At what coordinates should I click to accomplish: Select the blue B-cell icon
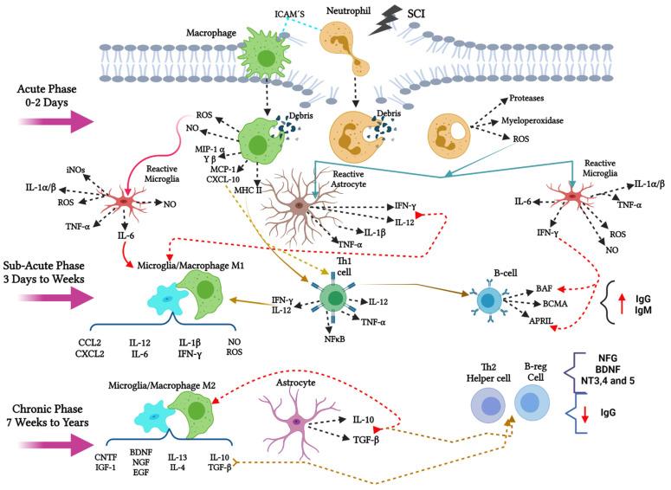489,299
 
